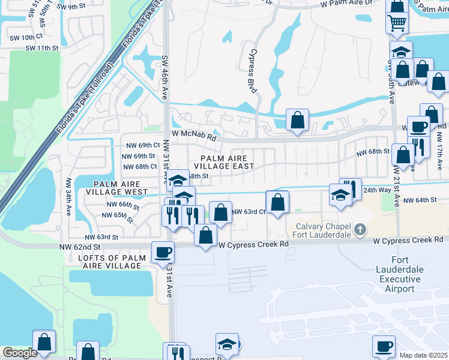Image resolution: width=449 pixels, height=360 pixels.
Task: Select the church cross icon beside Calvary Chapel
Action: click(360, 229)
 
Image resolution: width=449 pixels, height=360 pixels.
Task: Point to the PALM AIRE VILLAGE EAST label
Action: click(223, 161)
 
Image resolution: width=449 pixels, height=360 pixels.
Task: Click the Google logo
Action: click(20, 353)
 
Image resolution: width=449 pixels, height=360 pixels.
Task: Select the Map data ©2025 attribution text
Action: click(423, 355)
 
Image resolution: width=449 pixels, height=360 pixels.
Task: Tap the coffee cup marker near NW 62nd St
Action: click(162, 252)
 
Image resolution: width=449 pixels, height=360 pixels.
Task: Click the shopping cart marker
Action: click(397, 23)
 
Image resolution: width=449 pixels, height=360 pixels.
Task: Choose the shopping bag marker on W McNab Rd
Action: click(297, 120)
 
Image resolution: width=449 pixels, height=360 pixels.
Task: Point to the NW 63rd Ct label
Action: click(249, 211)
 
